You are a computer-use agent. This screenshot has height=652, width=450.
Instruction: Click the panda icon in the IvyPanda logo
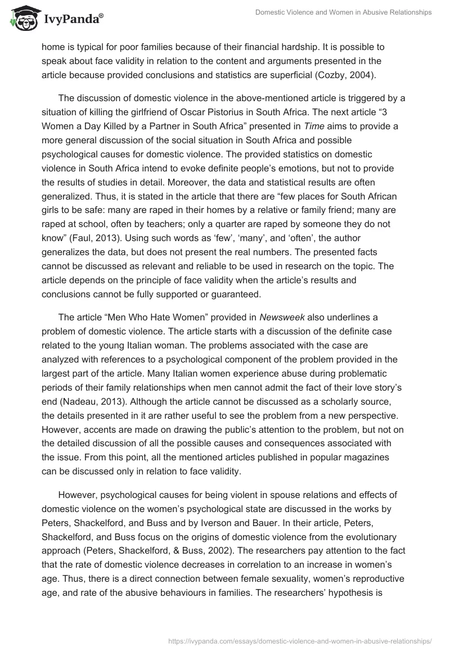pos(22,17)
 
